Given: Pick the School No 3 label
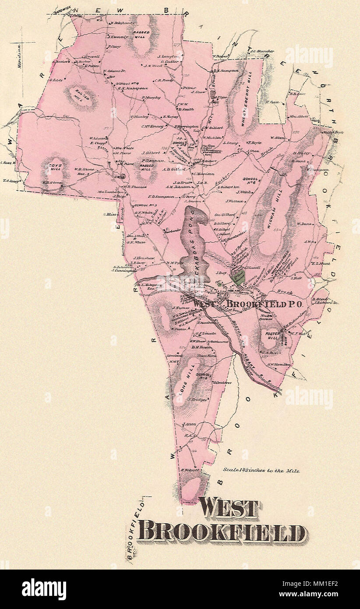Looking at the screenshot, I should [146, 205].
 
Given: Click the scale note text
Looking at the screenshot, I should [261, 471].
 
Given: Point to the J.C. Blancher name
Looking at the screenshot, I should [262, 51].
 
